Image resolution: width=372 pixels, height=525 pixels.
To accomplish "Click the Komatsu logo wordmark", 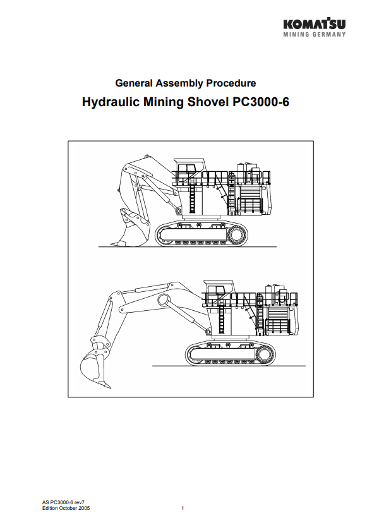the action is (x=315, y=23).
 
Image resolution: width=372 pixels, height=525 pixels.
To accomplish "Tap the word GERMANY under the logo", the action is (x=329, y=34).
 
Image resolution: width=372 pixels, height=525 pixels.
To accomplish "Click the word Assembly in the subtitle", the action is (x=180, y=83).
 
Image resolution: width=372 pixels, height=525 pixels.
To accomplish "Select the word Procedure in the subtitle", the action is (x=231, y=83).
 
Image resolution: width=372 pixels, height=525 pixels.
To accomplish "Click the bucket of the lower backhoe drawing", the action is (x=95, y=368).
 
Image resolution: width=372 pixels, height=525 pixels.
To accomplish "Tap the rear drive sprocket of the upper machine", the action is (x=236, y=235).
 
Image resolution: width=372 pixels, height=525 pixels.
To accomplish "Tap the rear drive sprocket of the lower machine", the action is (x=265, y=354).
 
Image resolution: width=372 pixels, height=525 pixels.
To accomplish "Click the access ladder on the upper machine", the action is (x=192, y=196).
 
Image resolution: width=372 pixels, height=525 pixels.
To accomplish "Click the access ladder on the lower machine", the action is (x=221, y=316).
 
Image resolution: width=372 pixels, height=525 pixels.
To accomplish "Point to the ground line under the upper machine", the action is (x=188, y=247).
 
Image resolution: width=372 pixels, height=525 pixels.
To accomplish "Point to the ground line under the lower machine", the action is (x=229, y=366).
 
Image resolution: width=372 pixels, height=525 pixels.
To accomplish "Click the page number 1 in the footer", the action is (x=183, y=508).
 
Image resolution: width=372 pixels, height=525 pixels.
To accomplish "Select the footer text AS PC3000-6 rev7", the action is (x=63, y=502).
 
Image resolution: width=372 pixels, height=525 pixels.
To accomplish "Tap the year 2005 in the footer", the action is (x=84, y=508).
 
